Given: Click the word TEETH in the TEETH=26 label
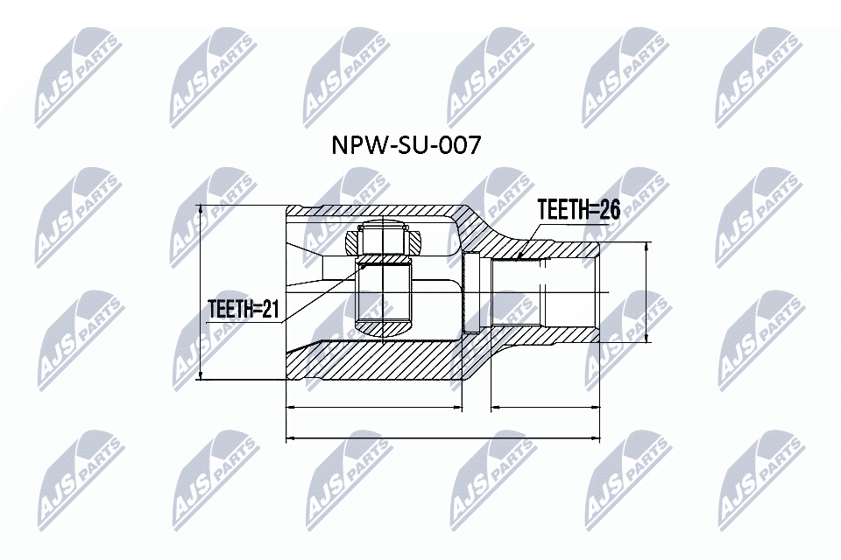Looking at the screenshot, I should coord(562,210).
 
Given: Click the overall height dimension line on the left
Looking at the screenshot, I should coord(201,293).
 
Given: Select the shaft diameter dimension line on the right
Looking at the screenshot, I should coord(647,292).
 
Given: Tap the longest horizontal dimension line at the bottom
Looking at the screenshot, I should coord(443,437).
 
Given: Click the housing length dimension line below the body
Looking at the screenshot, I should coord(374,407).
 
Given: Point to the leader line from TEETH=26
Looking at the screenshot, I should coord(531,240).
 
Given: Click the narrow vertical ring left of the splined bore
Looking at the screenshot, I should coord(470,293).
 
